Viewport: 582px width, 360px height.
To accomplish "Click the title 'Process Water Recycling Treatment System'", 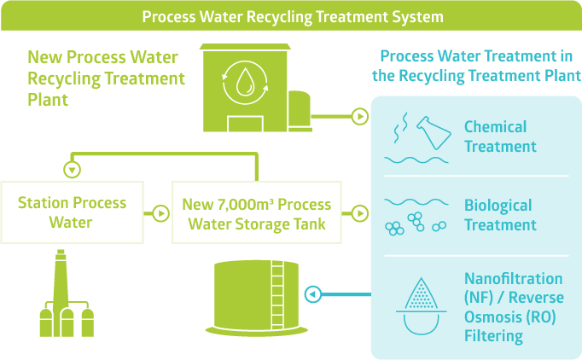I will (292, 16).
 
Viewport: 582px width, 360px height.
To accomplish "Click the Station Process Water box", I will (72, 213).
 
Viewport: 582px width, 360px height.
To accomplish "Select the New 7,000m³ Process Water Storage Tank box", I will (256, 213).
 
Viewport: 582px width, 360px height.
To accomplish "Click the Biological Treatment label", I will (499, 215).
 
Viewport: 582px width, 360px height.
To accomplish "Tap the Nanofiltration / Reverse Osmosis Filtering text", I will (513, 307).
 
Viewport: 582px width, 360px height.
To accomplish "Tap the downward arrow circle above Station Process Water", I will (73, 168).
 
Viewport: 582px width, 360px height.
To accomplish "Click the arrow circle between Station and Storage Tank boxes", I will (160, 213).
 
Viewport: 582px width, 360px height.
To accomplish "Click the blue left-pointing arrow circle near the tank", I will (313, 295).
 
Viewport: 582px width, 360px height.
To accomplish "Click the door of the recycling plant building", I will (245, 123).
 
